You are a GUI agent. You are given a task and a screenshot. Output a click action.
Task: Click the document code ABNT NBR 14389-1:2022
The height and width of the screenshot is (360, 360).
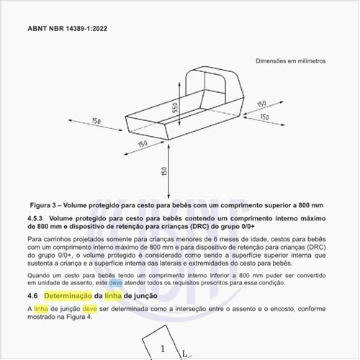point(69,30)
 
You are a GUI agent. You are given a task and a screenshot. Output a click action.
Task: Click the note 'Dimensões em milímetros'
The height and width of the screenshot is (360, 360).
point(289,61)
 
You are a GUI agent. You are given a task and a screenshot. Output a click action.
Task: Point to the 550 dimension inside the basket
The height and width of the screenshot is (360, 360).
point(174,110)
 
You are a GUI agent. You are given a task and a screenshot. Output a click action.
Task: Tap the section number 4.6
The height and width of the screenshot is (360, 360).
point(32,296)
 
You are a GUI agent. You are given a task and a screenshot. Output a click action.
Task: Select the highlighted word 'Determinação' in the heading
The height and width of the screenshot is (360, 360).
point(68,296)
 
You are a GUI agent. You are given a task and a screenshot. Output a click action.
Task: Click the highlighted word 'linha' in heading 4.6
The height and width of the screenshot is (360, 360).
point(112,296)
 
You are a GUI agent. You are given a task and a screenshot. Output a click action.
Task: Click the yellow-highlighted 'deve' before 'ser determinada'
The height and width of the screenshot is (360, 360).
point(89,309)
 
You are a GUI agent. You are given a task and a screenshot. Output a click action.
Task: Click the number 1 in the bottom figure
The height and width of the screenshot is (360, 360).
point(163,349)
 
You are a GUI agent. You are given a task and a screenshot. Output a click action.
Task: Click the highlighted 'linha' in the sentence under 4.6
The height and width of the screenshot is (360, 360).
point(40,309)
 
